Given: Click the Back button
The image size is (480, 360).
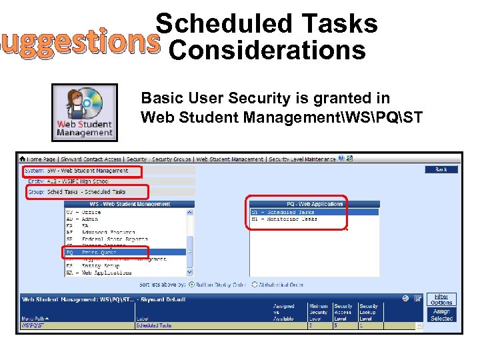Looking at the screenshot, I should click(x=441, y=170).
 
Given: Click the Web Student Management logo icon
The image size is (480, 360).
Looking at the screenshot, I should click(x=85, y=112).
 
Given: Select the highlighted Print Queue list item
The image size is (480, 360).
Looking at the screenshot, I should click(x=107, y=252).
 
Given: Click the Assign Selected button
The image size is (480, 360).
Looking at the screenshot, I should click(x=441, y=315).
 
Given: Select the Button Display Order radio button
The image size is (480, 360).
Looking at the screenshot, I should click(x=192, y=285).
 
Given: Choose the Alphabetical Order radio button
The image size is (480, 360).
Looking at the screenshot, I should click(x=254, y=285).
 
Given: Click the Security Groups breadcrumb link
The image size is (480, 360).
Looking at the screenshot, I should click(x=171, y=159).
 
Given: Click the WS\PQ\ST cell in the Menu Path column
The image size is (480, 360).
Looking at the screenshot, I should click(x=33, y=325).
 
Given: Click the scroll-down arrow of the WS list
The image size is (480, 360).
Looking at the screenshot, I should click(x=190, y=272).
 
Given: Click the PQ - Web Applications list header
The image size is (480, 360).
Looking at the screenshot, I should click(x=296, y=204).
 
